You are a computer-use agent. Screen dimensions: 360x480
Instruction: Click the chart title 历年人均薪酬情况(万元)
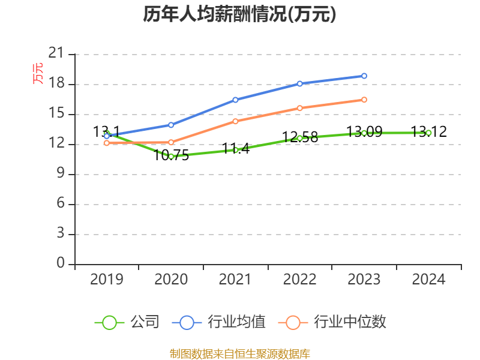coord(239,14)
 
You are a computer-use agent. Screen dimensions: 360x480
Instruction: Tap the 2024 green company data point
coord(428,133)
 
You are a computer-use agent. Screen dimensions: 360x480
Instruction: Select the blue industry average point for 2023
coord(364,76)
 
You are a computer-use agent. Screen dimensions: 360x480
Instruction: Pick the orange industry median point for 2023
coord(364,100)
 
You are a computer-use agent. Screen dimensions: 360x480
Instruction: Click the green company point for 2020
coord(171,157)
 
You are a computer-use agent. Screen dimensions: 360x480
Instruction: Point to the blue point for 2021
coord(235,100)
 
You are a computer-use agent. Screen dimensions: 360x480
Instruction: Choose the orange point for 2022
coord(300,108)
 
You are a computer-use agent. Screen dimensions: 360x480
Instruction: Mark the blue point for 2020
coord(171,125)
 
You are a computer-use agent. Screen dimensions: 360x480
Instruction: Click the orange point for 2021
coord(235,121)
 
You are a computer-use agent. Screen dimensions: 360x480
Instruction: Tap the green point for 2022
coord(300,138)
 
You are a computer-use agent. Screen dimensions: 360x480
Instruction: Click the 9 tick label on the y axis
coord(60,174)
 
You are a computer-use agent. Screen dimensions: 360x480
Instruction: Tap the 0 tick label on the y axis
coord(60,263)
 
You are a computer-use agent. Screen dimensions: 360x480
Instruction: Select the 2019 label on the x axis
coord(107,280)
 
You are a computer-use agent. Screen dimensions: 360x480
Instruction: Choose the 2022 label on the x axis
coord(300,280)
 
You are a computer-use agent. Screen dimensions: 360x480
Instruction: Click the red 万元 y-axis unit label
coord(38,73)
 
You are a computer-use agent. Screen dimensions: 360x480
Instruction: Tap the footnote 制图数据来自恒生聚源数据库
coord(239,353)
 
